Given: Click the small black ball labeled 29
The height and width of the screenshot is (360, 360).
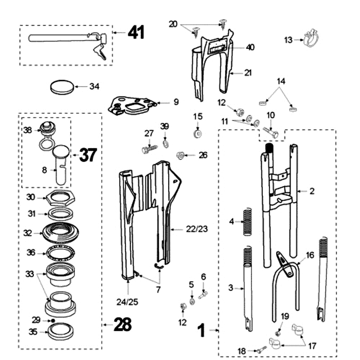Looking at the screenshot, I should (53, 320).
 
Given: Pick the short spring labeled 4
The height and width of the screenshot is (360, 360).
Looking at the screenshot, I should (246, 220).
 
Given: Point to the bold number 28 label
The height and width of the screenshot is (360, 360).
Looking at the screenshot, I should (122, 324).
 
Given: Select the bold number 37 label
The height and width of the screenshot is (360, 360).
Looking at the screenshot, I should (89, 156).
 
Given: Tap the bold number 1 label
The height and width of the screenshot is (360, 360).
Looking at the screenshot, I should (201, 332).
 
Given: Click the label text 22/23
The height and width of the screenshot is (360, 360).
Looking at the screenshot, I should (197, 229).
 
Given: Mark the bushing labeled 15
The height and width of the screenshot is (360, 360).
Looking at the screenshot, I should (198, 134).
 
